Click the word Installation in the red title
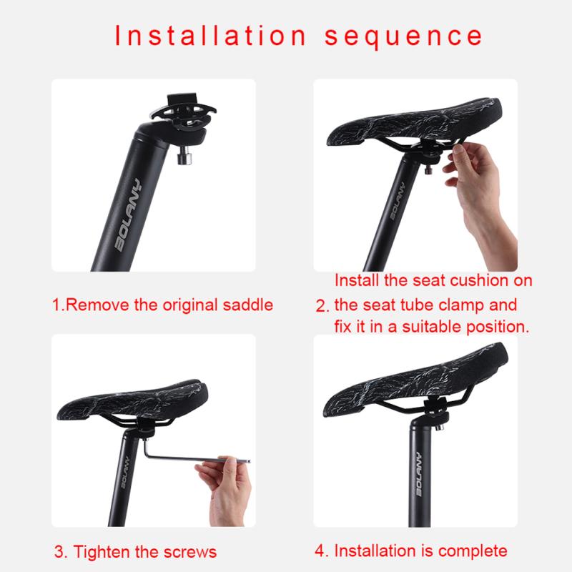click(210, 36)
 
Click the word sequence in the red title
click(403, 36)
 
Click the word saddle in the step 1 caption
click(247, 305)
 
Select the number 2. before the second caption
click(322, 306)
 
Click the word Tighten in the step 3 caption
click(104, 552)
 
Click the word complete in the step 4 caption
click(472, 551)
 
